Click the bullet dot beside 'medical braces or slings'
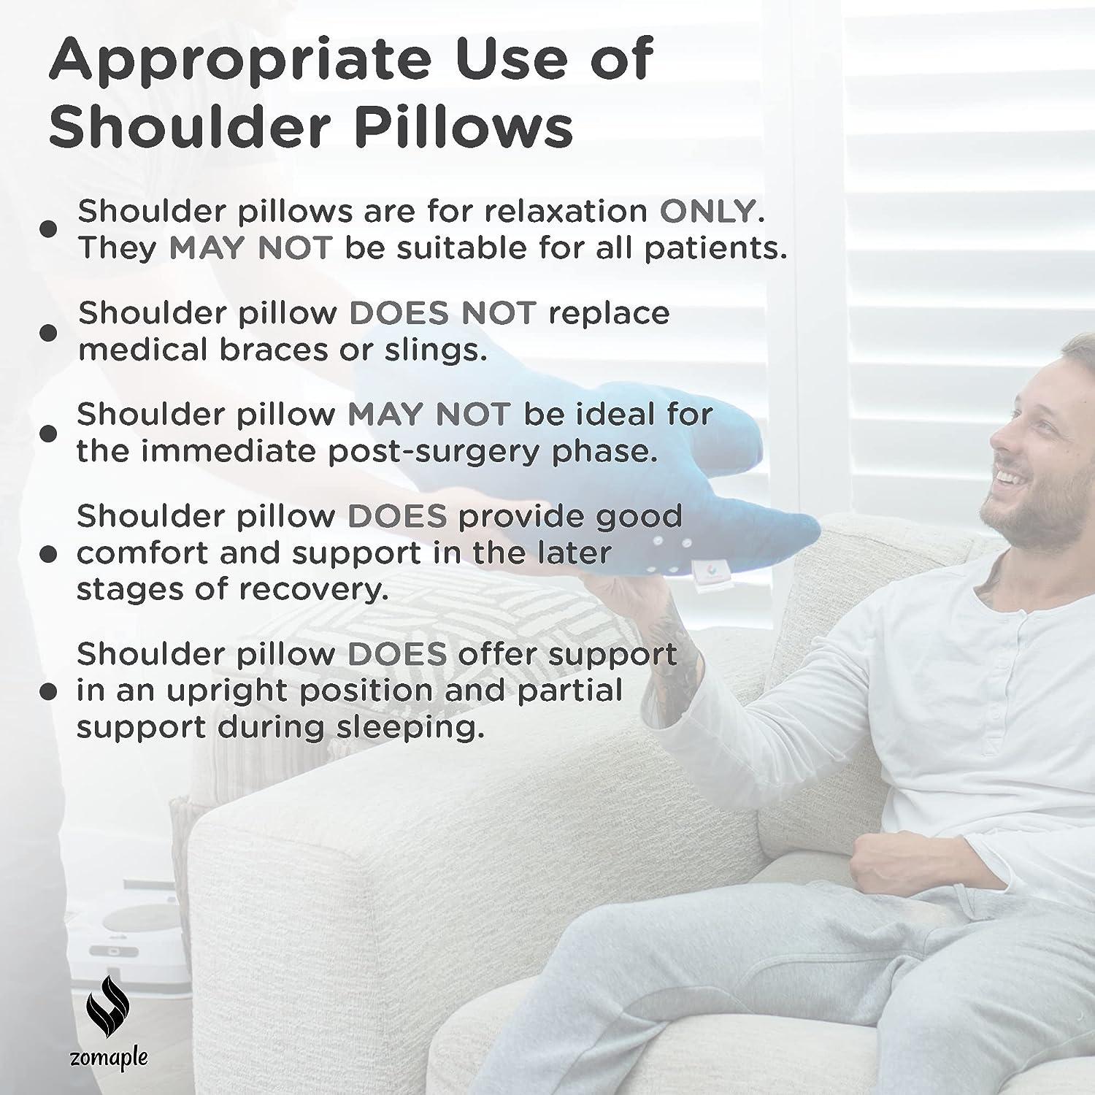[x=47, y=333]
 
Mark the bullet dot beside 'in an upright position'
[x=47, y=691]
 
